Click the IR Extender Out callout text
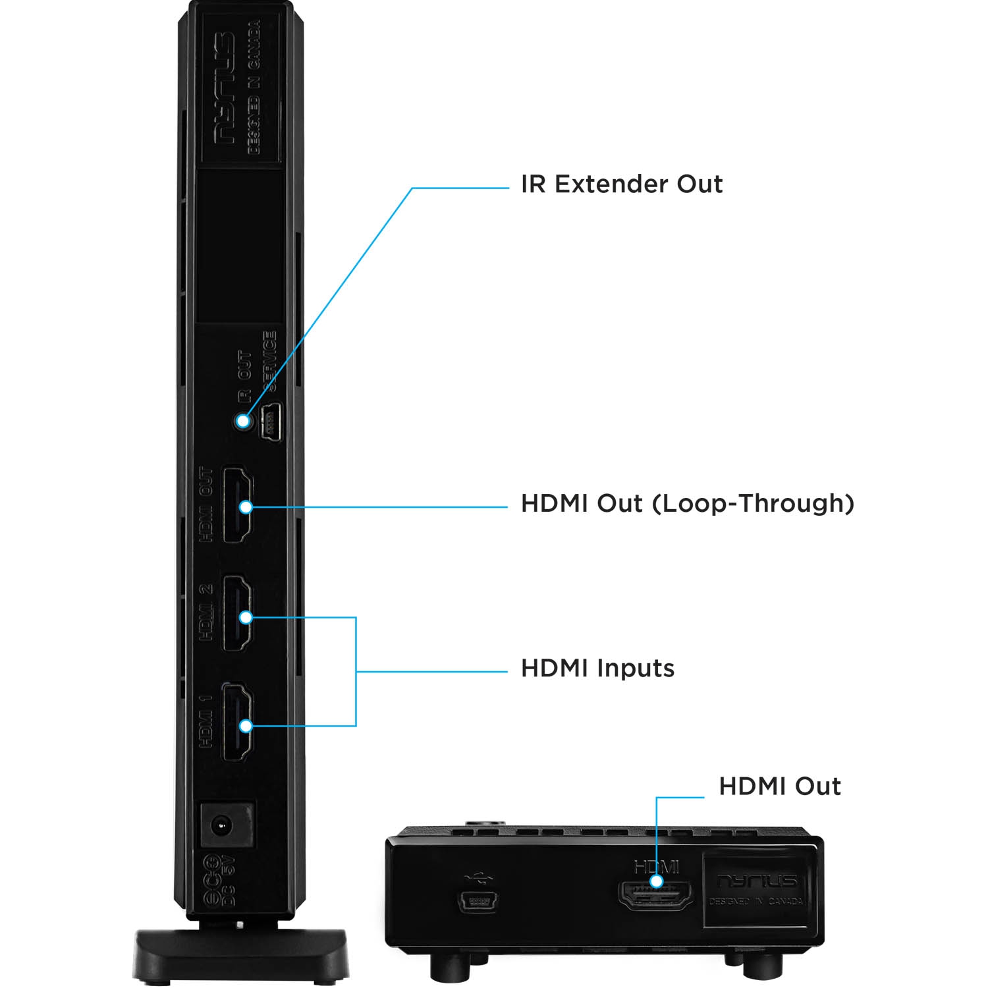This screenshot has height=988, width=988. [x=621, y=184]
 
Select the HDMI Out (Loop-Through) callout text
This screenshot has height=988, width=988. [x=687, y=504]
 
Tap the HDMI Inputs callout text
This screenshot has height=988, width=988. [x=597, y=669]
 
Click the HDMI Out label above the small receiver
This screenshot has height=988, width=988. [x=779, y=786]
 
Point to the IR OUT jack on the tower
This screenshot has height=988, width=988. [x=243, y=421]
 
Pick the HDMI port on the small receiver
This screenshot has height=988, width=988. [x=656, y=896]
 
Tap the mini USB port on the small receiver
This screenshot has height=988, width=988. [x=478, y=900]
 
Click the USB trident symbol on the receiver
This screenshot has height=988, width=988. [x=478, y=877]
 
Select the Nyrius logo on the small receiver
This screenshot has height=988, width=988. [x=757, y=881]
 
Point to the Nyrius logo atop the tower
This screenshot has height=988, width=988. [x=224, y=89]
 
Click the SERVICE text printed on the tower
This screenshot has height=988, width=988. [x=269, y=361]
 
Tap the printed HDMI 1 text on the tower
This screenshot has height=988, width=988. [x=206, y=721]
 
